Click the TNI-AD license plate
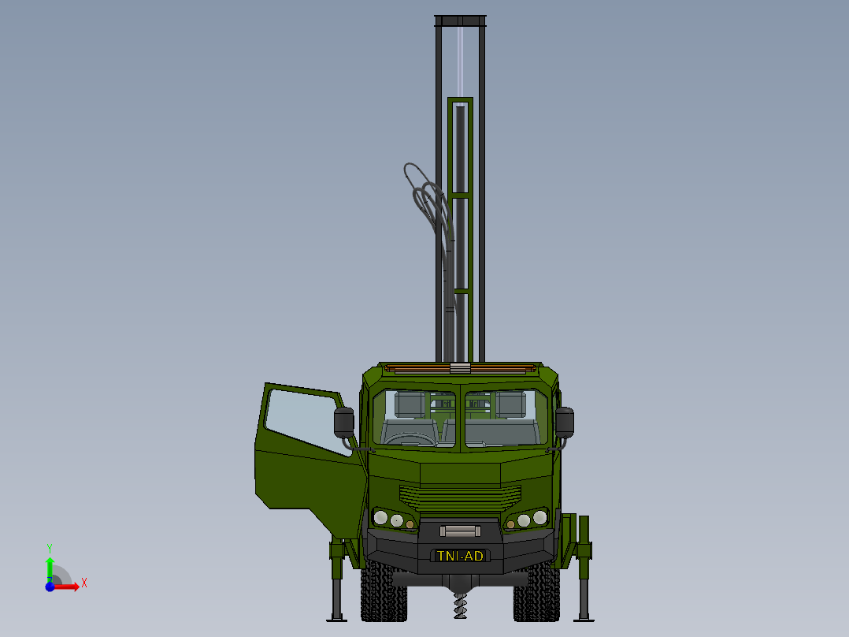[x=461, y=556]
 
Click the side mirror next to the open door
[x=344, y=423]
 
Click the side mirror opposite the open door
[x=565, y=421]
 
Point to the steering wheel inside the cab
[x=409, y=438]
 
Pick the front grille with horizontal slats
[x=461, y=497]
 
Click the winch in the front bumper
[x=461, y=531]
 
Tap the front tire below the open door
[x=384, y=595]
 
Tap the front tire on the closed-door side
[x=536, y=595]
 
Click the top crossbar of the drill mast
[x=461, y=20]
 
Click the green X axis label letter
[x=83, y=583]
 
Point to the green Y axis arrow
[x=50, y=566]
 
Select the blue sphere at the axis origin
[x=50, y=587]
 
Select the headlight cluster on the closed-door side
[x=525, y=519]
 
